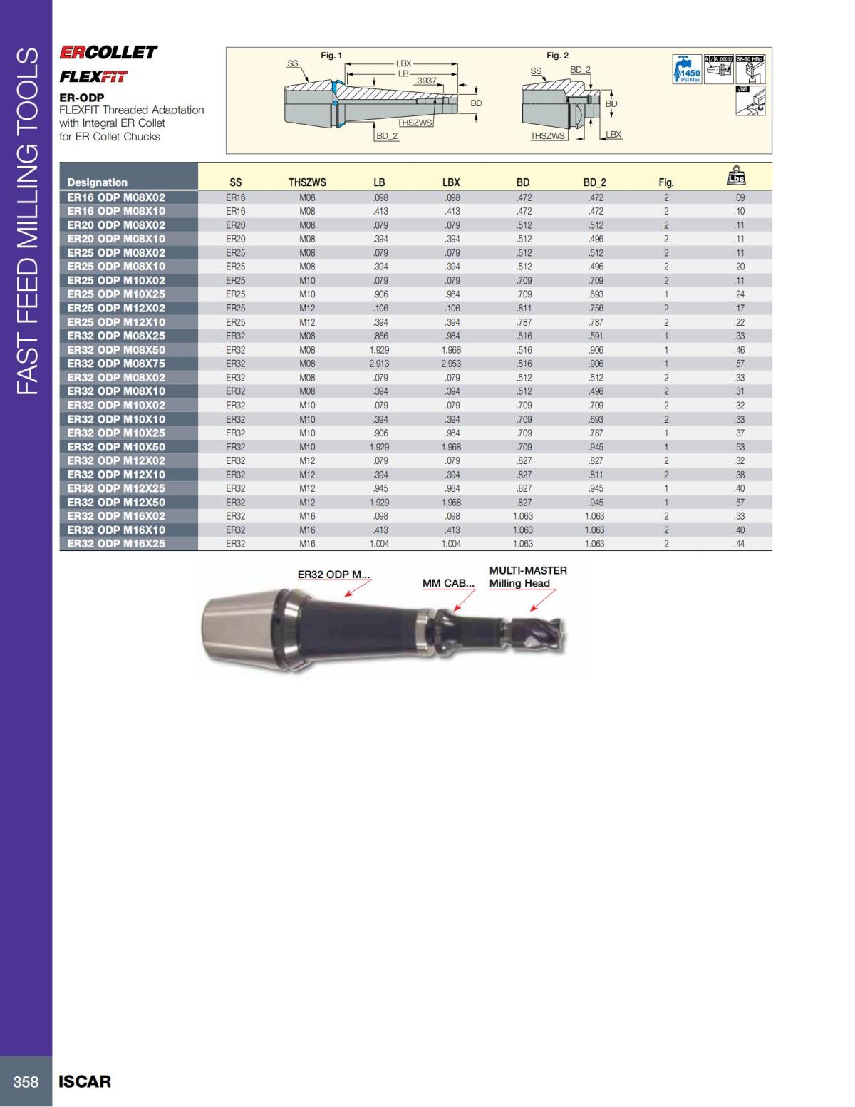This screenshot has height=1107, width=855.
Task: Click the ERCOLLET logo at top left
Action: pos(108,53)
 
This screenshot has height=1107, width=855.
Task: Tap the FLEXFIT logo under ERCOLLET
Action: pos(93,77)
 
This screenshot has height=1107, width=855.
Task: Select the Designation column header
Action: pos(98,182)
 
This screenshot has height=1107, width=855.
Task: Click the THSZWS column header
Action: pos(307,182)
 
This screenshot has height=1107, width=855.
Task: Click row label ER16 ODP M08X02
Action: pos(116,197)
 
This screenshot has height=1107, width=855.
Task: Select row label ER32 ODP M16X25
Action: pos(116,544)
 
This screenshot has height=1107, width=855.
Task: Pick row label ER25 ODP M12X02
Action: pos(116,308)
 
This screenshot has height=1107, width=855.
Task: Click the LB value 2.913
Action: pos(379,364)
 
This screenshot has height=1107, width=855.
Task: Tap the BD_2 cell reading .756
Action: pos(595,308)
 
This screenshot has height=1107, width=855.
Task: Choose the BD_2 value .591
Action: pos(595,336)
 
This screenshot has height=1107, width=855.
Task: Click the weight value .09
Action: pos(739,197)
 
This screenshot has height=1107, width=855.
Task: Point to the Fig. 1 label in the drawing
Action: pos(331,56)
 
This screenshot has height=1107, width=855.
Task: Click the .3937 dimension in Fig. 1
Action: pos(426,81)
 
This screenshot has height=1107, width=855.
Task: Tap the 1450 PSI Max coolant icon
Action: pos(688,70)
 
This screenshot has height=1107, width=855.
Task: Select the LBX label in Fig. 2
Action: pos(613,134)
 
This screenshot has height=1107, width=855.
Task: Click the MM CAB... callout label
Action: pos(448,583)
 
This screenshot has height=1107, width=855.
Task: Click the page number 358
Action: pos(26,1081)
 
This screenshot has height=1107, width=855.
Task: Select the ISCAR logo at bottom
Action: pos(85,1081)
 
